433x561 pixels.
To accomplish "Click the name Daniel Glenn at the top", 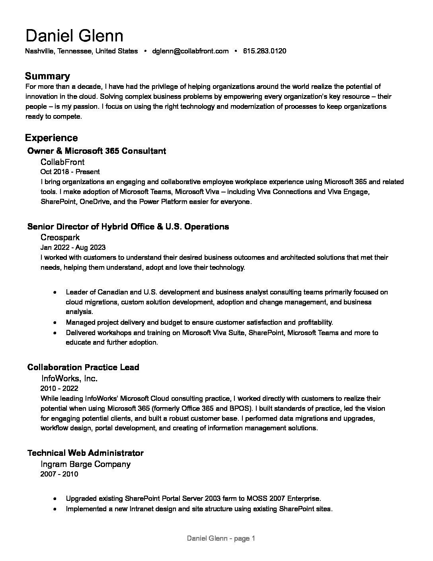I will click(74, 36).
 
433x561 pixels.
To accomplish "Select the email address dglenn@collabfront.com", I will click(190, 51).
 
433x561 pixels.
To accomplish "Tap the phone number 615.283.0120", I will click(265, 51).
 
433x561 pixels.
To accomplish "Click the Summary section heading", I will click(47, 76).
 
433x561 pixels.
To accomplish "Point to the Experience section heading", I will click(51, 138).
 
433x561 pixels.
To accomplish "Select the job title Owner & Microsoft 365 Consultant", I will click(96, 151).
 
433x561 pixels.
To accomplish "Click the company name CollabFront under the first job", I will click(62, 162).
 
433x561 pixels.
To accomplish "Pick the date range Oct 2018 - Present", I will click(70, 172).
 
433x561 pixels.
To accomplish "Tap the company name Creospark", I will click(60, 237).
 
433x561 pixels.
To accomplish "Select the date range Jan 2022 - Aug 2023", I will click(73, 247).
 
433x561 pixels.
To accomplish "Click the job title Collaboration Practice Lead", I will click(83, 367).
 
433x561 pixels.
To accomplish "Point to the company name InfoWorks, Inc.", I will click(69, 378).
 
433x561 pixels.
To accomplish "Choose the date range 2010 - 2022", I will click(59, 388).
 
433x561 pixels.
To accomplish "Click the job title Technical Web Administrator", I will click(85, 453).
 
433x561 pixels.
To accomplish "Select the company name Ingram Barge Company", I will click(86, 464).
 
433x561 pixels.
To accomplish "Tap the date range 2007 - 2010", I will click(59, 474).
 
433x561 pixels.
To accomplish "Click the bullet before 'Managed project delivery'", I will click(55, 322).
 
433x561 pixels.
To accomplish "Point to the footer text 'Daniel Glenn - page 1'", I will click(221, 539).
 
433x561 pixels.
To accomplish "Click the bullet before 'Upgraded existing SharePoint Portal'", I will click(55, 498).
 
